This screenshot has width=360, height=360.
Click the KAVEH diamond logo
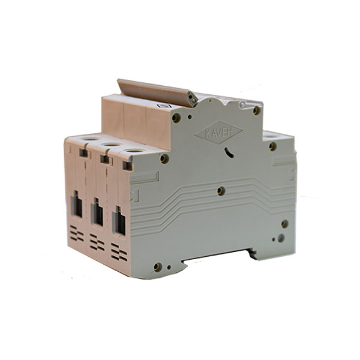tap(218, 133)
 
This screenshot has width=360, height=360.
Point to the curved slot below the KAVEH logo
tap(229, 152)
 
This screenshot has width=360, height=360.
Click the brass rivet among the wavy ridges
tap(221, 191)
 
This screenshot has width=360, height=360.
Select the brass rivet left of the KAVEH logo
tap(176, 118)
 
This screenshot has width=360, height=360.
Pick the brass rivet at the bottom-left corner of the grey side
tap(157, 267)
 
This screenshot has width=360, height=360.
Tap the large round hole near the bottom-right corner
tap(281, 238)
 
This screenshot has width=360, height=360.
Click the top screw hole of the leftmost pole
tap(91, 139)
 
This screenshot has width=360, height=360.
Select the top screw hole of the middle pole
tap(112, 145)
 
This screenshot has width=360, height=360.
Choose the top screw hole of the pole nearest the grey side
tap(135, 151)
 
